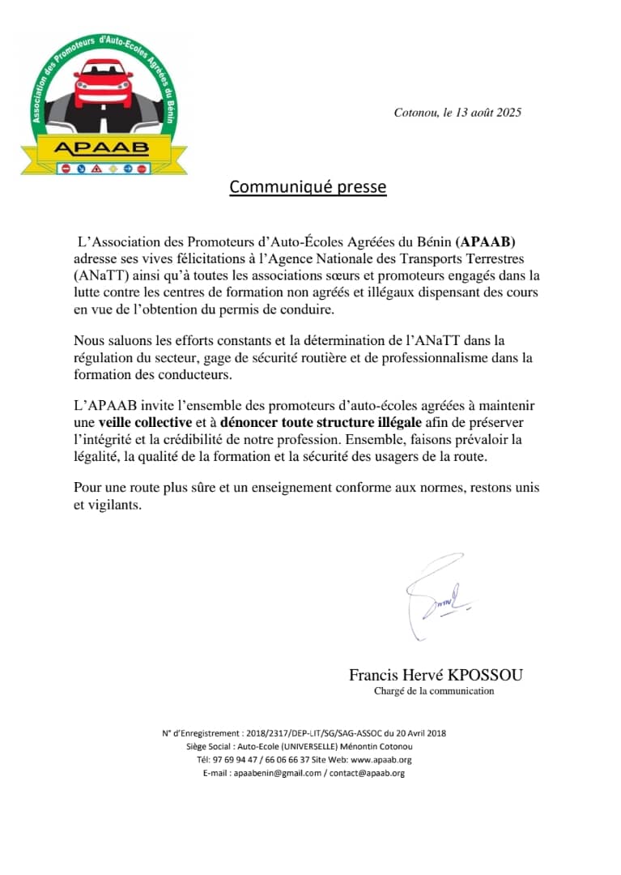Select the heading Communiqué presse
click(308, 187)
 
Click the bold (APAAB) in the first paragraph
click(486, 241)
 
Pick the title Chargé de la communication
click(434, 691)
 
